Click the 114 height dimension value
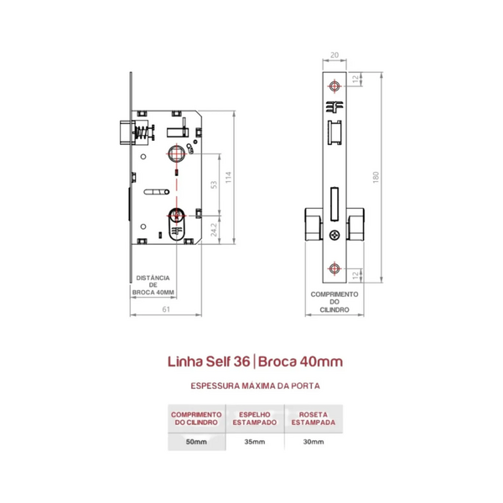[228, 178]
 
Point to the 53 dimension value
[214, 184]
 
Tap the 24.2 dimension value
[214, 230]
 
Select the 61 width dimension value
[166, 309]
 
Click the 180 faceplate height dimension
[376, 178]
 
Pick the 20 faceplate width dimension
[334, 55]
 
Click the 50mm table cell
[196, 442]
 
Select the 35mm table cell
[255, 442]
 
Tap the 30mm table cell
[314, 442]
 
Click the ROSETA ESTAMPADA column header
[314, 418]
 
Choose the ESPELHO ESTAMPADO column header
[255, 418]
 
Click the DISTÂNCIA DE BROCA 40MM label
[153, 285]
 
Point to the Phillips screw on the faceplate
[334, 235]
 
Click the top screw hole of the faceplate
[334, 86]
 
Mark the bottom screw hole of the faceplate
[334, 268]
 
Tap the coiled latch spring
[142, 132]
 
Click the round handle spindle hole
[176, 153]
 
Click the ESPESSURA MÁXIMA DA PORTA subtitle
[256, 386]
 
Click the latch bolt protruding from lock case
[125, 132]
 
